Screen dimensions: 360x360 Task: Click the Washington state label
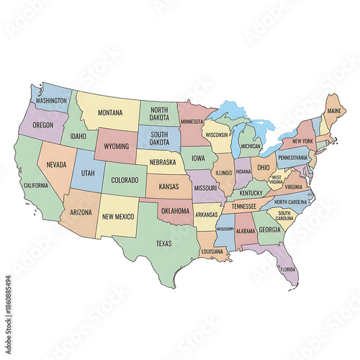coord(51,102)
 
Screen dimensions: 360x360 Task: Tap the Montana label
coord(110,112)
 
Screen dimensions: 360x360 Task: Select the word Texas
coord(164,243)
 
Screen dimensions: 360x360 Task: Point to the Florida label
coord(288,270)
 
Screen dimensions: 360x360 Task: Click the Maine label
coord(334,112)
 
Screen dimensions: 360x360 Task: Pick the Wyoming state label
coord(116,146)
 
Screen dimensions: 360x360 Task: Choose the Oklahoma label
coord(175,211)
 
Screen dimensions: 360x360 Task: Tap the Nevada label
coord(56,164)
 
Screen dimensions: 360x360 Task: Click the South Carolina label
coord(284,215)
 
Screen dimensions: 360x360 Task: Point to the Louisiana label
coord(212,251)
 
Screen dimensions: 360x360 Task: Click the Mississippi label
coord(225,229)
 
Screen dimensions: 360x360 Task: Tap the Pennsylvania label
coord(294,157)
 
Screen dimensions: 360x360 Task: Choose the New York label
coord(303,140)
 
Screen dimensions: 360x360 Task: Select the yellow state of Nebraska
coord(162,162)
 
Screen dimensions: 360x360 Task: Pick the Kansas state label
coord(168,186)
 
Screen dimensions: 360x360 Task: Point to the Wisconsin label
coord(216,134)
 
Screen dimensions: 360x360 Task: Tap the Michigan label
coord(251,146)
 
